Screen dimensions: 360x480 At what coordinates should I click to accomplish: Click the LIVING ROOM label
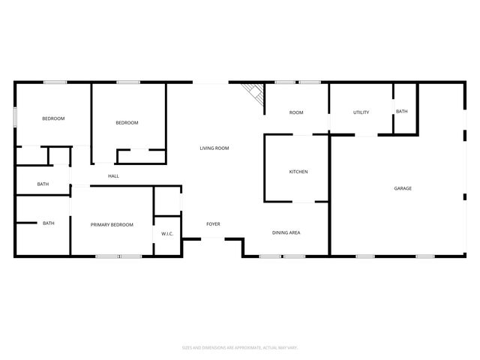coord(214,148)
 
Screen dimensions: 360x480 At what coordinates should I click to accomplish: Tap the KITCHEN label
coord(298,172)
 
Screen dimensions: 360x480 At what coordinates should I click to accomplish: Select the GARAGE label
coord(403,188)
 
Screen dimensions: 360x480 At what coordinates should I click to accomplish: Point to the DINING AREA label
coord(286,233)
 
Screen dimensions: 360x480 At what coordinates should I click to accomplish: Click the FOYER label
coord(213,224)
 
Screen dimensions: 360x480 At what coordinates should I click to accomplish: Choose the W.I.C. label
coord(167,234)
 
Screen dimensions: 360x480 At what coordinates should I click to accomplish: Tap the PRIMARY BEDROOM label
coord(112,225)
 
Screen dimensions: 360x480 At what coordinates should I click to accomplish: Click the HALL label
coord(113,176)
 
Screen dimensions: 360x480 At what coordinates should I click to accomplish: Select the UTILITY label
coord(361,112)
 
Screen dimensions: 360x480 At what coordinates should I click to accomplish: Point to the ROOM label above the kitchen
coord(296,112)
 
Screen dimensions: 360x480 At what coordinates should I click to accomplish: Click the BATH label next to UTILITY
coord(402,112)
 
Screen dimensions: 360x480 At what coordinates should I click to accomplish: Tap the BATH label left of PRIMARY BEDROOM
coord(49,223)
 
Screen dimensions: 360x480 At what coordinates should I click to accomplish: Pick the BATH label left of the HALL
coord(43,184)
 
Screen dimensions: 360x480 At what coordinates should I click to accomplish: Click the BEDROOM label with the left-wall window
coord(53,118)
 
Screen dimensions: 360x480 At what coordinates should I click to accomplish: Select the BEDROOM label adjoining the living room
coord(127,123)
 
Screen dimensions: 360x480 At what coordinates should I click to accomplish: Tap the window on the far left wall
coord(15,118)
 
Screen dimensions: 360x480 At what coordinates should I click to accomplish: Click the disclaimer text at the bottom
coord(240,347)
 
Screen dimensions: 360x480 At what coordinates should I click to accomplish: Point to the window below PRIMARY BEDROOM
coord(118,257)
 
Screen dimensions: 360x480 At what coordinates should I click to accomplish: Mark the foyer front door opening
coord(213,239)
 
